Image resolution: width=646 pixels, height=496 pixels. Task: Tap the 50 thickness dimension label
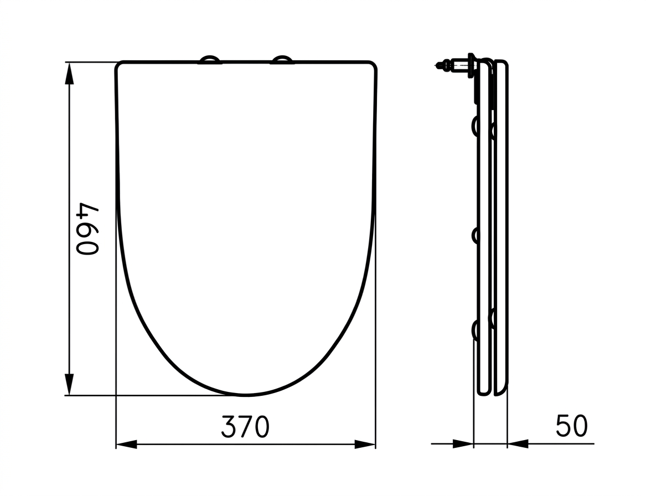[572, 426]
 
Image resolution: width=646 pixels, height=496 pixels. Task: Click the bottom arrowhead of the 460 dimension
[70, 384]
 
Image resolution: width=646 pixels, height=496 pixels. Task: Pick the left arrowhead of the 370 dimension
[126, 445]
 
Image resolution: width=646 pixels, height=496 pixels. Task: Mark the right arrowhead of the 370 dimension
[365, 445]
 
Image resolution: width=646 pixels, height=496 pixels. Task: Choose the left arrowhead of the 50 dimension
[463, 443]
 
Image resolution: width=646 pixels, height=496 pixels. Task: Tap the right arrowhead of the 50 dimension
[518, 443]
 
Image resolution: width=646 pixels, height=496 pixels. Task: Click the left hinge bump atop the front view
[210, 59]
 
